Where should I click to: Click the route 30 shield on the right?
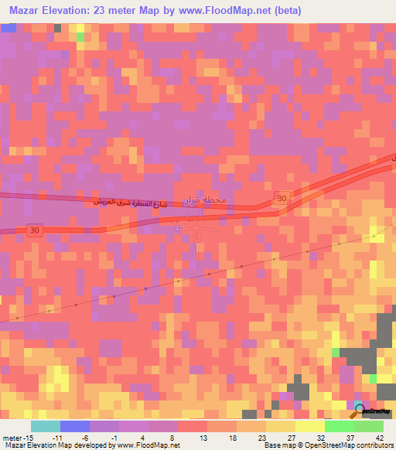pos(282,199)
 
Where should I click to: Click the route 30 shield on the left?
pos(33,230)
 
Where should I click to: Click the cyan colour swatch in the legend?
pos(46,425)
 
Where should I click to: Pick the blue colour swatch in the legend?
pos(75,425)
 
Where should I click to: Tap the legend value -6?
pos(87,436)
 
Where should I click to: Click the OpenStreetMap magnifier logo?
pos(359,409)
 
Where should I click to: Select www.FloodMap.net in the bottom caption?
pos(153,445)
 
